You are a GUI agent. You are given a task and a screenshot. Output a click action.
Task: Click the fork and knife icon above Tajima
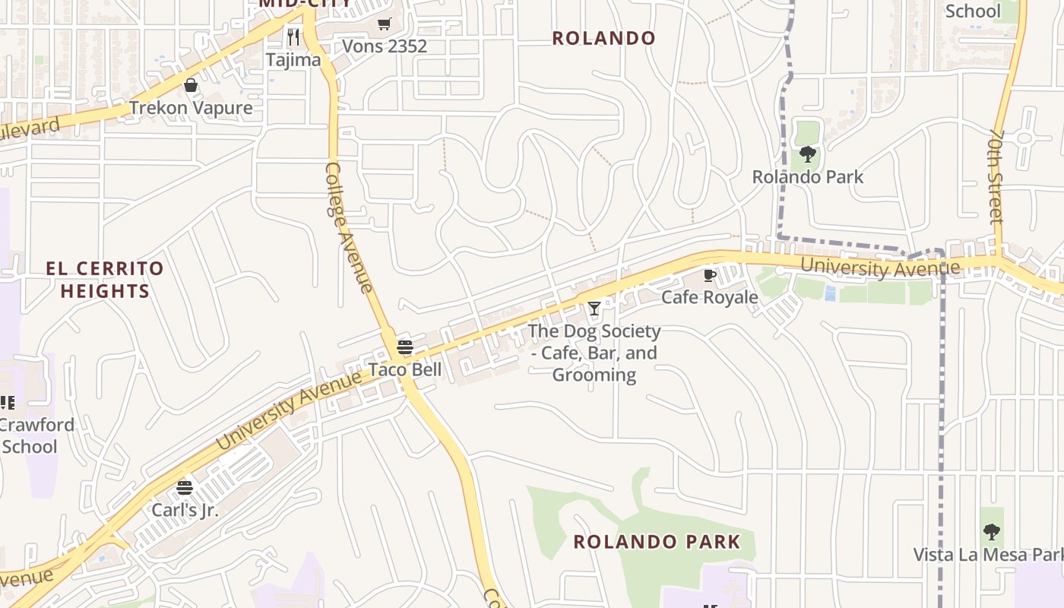293,36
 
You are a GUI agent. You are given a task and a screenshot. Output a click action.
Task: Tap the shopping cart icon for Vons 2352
385,24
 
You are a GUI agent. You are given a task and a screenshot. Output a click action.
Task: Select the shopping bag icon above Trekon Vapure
191,85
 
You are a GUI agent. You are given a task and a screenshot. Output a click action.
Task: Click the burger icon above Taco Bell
405,348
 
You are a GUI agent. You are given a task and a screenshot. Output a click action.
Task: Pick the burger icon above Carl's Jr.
185,488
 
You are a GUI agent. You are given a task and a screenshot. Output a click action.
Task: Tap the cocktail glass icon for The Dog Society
594,309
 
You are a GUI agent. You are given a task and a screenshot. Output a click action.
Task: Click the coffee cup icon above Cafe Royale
710,275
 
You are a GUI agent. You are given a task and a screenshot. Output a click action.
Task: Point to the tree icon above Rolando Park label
808,155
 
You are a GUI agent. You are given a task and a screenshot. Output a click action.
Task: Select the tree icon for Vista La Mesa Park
991,532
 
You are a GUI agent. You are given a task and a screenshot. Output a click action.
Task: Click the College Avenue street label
349,227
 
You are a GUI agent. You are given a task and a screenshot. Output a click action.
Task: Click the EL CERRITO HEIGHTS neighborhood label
105,280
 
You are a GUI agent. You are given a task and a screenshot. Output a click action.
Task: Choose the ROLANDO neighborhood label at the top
603,38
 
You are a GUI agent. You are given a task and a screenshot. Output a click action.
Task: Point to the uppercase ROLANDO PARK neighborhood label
657,542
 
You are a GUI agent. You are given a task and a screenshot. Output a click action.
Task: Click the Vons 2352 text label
385,46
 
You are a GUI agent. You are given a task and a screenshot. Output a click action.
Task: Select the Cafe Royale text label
710,297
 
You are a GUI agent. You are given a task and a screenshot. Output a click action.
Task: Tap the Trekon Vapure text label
191,108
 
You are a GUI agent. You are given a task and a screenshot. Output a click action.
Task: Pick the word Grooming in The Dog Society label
594,375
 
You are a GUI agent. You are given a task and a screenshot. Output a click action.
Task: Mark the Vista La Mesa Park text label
988,555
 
